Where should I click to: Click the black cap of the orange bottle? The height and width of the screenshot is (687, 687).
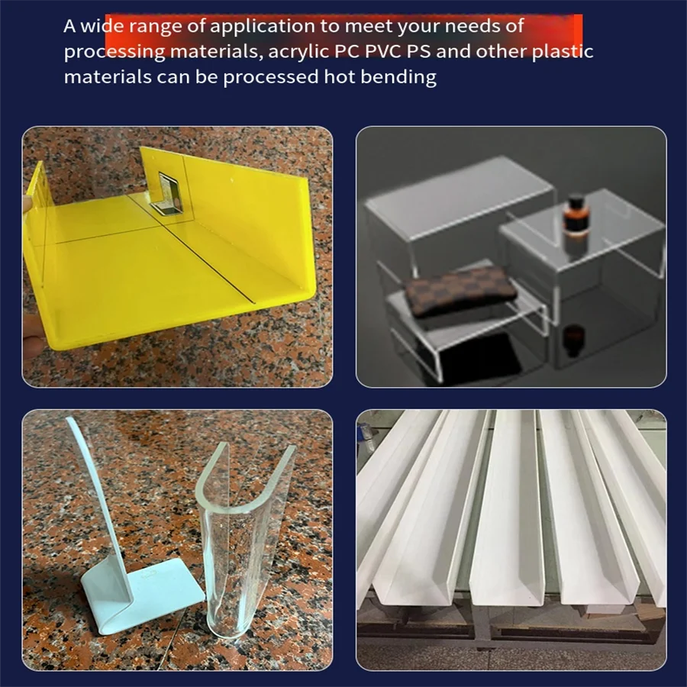coord(575,204)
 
